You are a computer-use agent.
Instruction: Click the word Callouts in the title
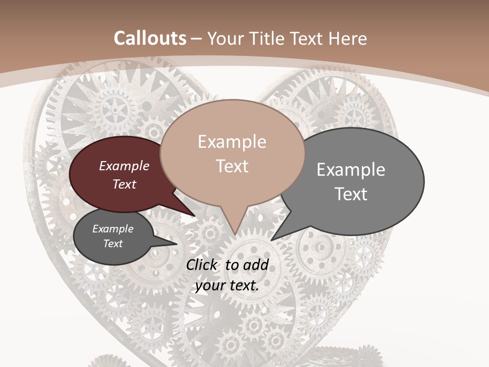coord(150,38)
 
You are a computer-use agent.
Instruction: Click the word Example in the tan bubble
coord(232,142)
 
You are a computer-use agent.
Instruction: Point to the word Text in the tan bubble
coord(232,166)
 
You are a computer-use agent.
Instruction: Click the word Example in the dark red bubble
coord(124,166)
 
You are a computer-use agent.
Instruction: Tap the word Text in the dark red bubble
coord(124,184)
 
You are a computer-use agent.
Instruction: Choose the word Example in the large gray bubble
coord(351,170)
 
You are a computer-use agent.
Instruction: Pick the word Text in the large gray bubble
coord(351,194)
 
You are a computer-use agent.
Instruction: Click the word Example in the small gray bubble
coord(113,229)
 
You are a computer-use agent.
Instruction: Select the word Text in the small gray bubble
coord(113,244)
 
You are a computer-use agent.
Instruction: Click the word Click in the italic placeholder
coord(203,265)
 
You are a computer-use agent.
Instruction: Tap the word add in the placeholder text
coord(256,265)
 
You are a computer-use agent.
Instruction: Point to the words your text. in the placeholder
coord(227,285)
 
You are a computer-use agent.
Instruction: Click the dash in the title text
coord(197,39)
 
